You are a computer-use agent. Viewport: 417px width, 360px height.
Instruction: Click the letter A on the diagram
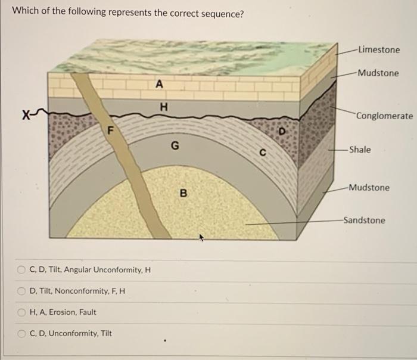(x=158, y=84)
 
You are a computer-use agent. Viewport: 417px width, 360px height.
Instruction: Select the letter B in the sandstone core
(x=183, y=193)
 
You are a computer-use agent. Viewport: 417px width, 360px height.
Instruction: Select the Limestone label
(x=379, y=49)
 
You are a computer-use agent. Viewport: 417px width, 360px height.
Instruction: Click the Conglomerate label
(x=384, y=115)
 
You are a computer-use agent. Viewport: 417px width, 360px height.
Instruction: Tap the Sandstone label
(x=364, y=220)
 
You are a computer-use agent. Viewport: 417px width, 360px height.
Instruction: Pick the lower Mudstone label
(x=369, y=187)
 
